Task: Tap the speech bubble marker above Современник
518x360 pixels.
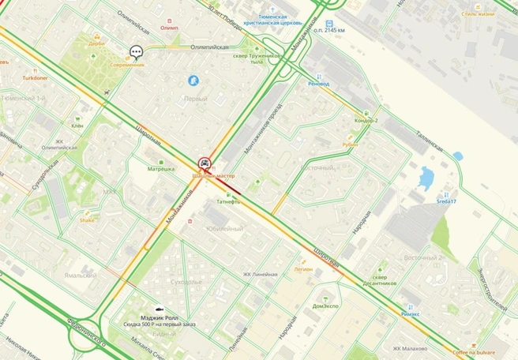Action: coord(136,52)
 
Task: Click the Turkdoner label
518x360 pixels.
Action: coord(34,78)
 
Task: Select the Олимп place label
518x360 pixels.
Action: coord(169,28)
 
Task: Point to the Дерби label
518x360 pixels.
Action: coord(97,44)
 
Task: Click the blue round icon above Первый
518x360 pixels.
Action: coord(193,81)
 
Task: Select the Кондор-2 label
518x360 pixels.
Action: coord(366,120)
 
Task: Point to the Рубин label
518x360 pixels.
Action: coord(350,144)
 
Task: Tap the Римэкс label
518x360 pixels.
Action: coord(411,313)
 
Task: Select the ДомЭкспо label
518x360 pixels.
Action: coord(325,306)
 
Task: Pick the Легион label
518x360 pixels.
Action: coord(303,268)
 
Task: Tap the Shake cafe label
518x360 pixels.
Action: coord(87,220)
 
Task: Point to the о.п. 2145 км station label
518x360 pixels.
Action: coord(329,29)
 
